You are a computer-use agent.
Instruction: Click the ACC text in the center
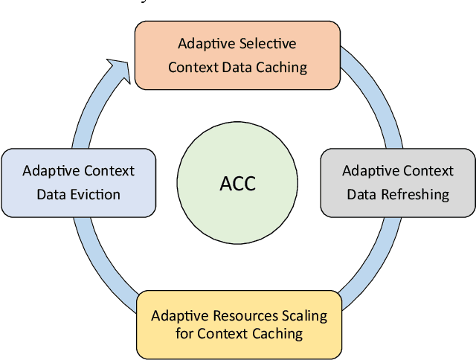tap(238, 184)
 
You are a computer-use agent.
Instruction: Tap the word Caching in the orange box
tap(280, 67)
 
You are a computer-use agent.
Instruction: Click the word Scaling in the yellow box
tap(305, 315)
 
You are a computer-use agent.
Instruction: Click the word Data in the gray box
tap(361, 194)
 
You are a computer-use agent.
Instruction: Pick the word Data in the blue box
tap(51, 194)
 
